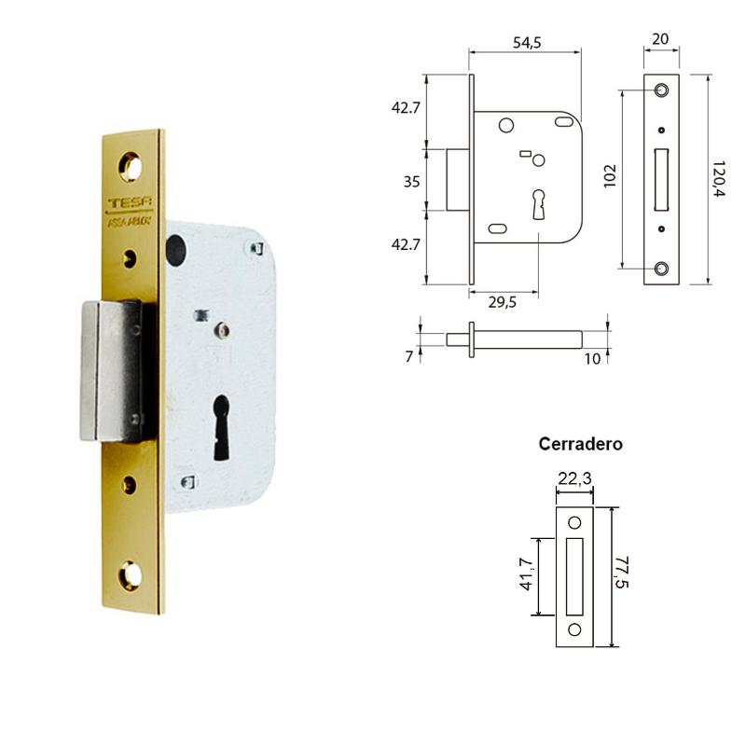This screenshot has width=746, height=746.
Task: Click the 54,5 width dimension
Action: (528, 43)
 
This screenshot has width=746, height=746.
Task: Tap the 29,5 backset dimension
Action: (502, 301)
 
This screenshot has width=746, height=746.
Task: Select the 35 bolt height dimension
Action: (411, 182)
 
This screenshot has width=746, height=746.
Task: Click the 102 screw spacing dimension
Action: (610, 176)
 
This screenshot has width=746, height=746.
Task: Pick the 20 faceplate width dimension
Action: (660, 38)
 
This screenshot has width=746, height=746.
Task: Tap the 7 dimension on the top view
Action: (409, 355)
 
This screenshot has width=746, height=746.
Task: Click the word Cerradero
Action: (581, 445)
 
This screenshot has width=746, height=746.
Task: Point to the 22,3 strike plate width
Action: (574, 478)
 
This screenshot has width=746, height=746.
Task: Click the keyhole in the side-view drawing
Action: (539, 202)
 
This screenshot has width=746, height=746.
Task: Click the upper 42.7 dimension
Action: (407, 107)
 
